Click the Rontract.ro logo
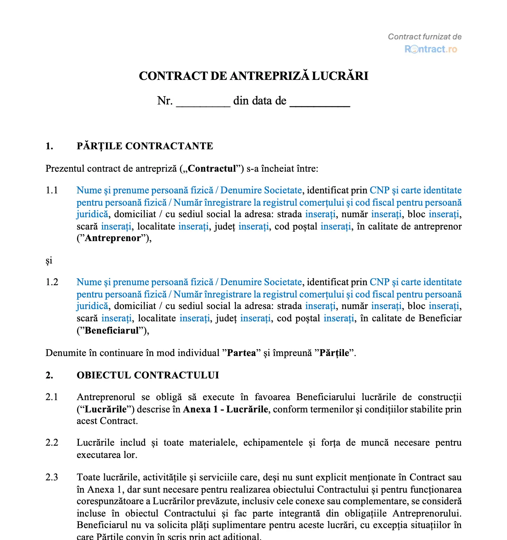click(431, 49)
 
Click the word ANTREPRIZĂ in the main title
click(270, 76)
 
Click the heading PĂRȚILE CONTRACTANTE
click(145, 146)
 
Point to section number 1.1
click(52, 190)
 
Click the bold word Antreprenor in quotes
click(112, 238)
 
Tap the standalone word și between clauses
click(49, 261)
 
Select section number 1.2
click(52, 282)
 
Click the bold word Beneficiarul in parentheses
click(112, 330)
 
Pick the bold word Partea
click(241, 353)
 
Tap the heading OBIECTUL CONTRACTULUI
click(148, 375)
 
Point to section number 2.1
click(52, 397)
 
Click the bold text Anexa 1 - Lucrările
click(226, 409)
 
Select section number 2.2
click(52, 442)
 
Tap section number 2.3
click(52, 477)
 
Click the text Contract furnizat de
click(425, 37)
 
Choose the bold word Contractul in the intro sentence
click(212, 168)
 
